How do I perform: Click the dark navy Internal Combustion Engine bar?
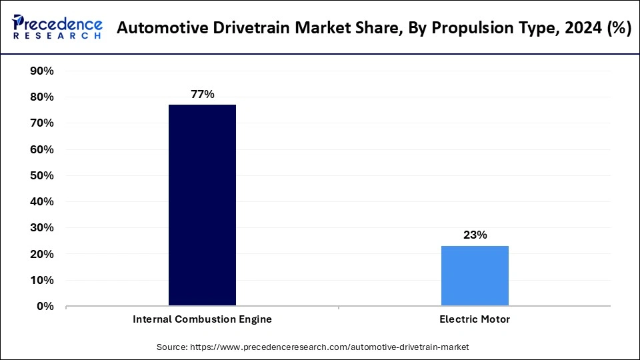[202, 205]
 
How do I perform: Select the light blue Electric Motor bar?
[475, 276]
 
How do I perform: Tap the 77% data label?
[202, 94]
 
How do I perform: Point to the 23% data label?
[475, 235]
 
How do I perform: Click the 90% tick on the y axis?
[42, 71]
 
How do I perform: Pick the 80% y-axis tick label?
[42, 97]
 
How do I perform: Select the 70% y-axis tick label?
[42, 123]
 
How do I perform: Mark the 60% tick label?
[42, 149]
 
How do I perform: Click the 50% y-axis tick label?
[42, 176]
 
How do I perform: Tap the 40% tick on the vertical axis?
[42, 202]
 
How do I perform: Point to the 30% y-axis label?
[42, 228]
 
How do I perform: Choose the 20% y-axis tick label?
[42, 255]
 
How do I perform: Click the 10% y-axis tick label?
[42, 281]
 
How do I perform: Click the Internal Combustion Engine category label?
[202, 319]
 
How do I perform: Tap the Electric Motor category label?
[475, 319]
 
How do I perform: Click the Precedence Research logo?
[57, 28]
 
